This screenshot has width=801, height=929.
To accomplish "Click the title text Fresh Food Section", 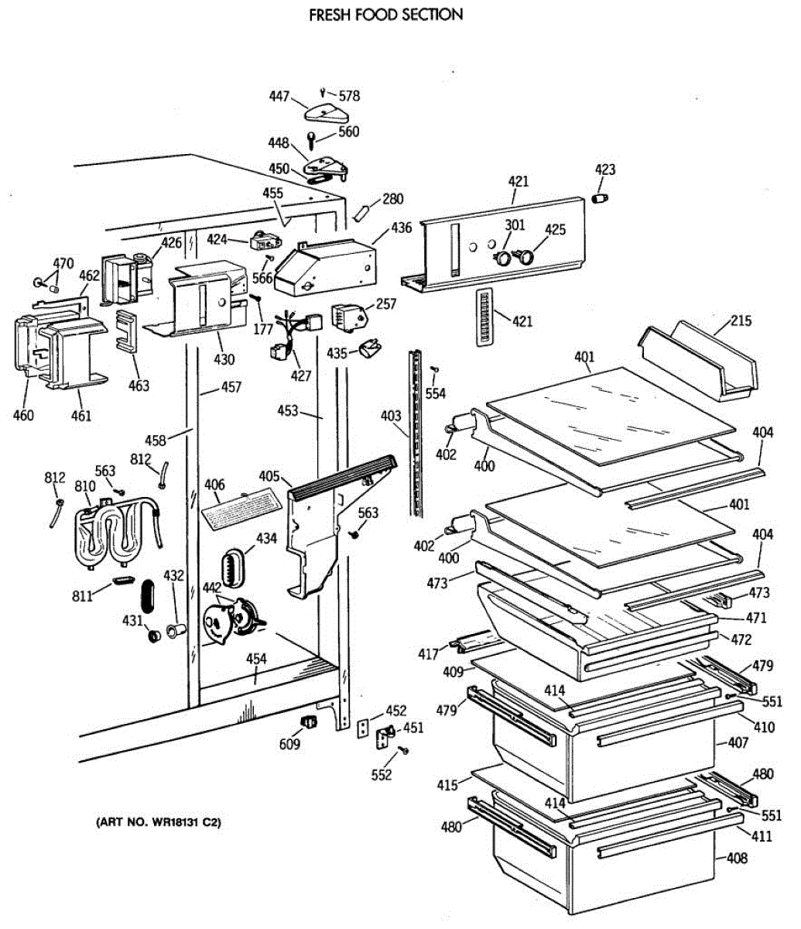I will tap(386, 15).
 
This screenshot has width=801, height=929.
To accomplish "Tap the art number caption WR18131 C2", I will tap(157, 821).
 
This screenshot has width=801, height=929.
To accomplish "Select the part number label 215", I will tap(741, 321).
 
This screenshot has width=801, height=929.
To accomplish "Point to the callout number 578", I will tap(349, 97).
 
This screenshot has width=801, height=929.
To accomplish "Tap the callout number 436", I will tap(401, 228).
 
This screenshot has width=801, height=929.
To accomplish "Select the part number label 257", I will tap(385, 304).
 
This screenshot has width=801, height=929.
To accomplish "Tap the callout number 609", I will tap(290, 744).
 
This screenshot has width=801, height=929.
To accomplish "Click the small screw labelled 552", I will tap(403, 750).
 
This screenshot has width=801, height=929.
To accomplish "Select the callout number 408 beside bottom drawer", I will tap(737, 858).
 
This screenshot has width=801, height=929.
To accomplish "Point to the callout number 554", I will tap(436, 394).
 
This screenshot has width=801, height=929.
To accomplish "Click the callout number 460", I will tap(24, 415).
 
